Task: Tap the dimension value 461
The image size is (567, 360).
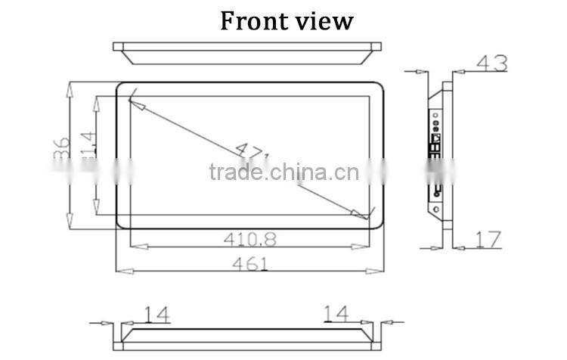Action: [249, 264]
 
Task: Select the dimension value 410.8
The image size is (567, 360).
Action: [249, 239]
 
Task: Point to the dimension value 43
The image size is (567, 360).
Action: [491, 64]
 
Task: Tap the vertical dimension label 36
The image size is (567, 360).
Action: [62, 147]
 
